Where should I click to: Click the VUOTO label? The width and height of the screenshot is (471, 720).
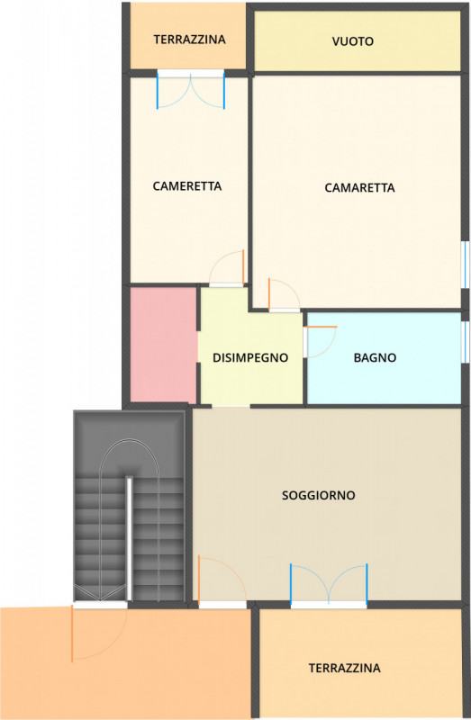(x=352, y=41)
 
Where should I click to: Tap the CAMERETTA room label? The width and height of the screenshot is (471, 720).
(x=187, y=186)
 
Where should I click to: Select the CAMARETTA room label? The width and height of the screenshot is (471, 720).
(x=359, y=188)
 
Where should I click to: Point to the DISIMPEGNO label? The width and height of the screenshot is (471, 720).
(x=250, y=357)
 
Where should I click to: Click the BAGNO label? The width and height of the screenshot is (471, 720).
(x=375, y=357)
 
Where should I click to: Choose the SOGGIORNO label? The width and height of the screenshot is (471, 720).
(x=318, y=495)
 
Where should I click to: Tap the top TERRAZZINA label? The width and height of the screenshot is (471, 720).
(x=189, y=40)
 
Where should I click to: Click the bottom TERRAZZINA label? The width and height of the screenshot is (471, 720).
(x=344, y=668)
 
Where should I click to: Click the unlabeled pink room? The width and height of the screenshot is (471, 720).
(x=163, y=345)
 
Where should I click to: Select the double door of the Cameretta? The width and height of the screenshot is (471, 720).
(x=191, y=89)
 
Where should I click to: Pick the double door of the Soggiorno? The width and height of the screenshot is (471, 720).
(x=329, y=586)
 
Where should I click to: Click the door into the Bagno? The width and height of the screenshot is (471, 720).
(x=320, y=340)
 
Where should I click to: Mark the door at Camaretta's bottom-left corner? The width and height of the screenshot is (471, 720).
(x=284, y=295)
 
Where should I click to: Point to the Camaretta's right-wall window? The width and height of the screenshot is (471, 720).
(x=465, y=264)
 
